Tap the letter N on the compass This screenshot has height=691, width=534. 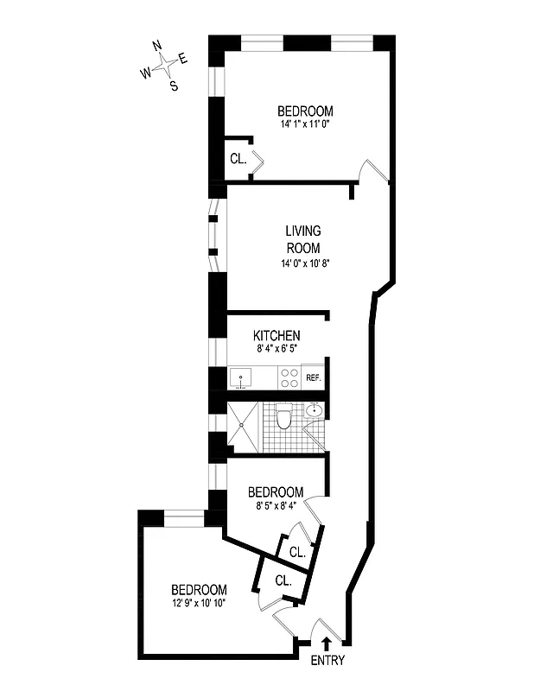click(x=156, y=46)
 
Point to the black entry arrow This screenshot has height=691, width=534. click(x=326, y=643)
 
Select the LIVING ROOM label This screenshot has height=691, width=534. click(x=303, y=238)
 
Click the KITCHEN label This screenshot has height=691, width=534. click(x=277, y=335)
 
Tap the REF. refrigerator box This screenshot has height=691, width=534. click(x=313, y=378)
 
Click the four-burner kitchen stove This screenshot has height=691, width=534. click(x=289, y=377)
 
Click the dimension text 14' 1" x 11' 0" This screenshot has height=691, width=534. click(x=305, y=124)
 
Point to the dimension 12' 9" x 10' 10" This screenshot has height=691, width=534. click(x=198, y=603)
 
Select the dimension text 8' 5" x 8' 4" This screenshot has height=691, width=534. click(x=276, y=506)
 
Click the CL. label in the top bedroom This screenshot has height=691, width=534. click(x=238, y=159)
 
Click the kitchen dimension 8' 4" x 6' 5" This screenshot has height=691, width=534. click(x=277, y=349)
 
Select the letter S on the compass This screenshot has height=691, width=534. click(x=174, y=85)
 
